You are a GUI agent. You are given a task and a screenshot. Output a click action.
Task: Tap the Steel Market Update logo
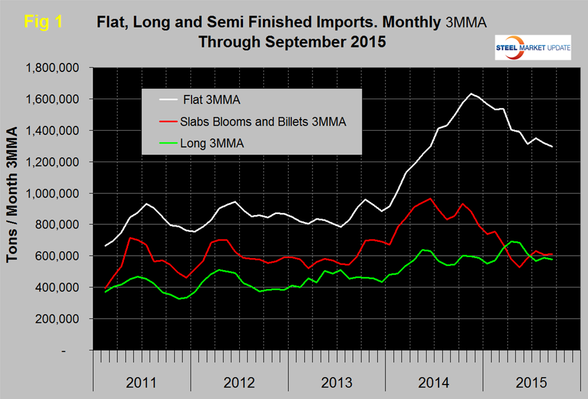click(532, 48)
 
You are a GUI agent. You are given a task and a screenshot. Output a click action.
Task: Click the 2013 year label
click(337, 383)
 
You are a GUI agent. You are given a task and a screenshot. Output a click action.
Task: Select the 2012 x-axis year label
click(239, 383)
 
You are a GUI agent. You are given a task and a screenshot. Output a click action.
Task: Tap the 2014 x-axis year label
click(434, 383)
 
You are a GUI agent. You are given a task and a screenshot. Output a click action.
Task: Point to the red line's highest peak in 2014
click(430, 198)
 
